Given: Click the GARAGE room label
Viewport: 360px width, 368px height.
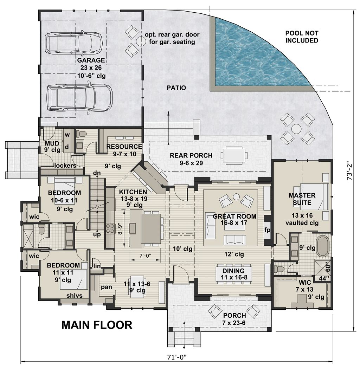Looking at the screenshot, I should coord(91,60).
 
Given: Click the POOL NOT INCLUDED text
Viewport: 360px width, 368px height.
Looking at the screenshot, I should coord(302,37).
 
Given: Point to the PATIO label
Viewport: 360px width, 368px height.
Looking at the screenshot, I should coord(176,88).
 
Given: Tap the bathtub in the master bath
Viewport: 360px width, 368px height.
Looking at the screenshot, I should coord(323,246).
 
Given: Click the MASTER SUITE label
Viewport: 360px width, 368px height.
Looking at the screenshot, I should coord(302,199).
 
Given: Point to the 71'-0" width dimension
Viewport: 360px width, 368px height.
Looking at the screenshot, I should coord(176,357).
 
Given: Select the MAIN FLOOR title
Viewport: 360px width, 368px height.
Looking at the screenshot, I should coord(97,325).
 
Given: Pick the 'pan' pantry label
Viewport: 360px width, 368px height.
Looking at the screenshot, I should coord(107,287).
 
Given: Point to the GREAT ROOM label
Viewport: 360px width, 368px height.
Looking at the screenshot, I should coord(234,216).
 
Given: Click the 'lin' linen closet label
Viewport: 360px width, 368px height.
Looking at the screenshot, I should coord(96,266).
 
